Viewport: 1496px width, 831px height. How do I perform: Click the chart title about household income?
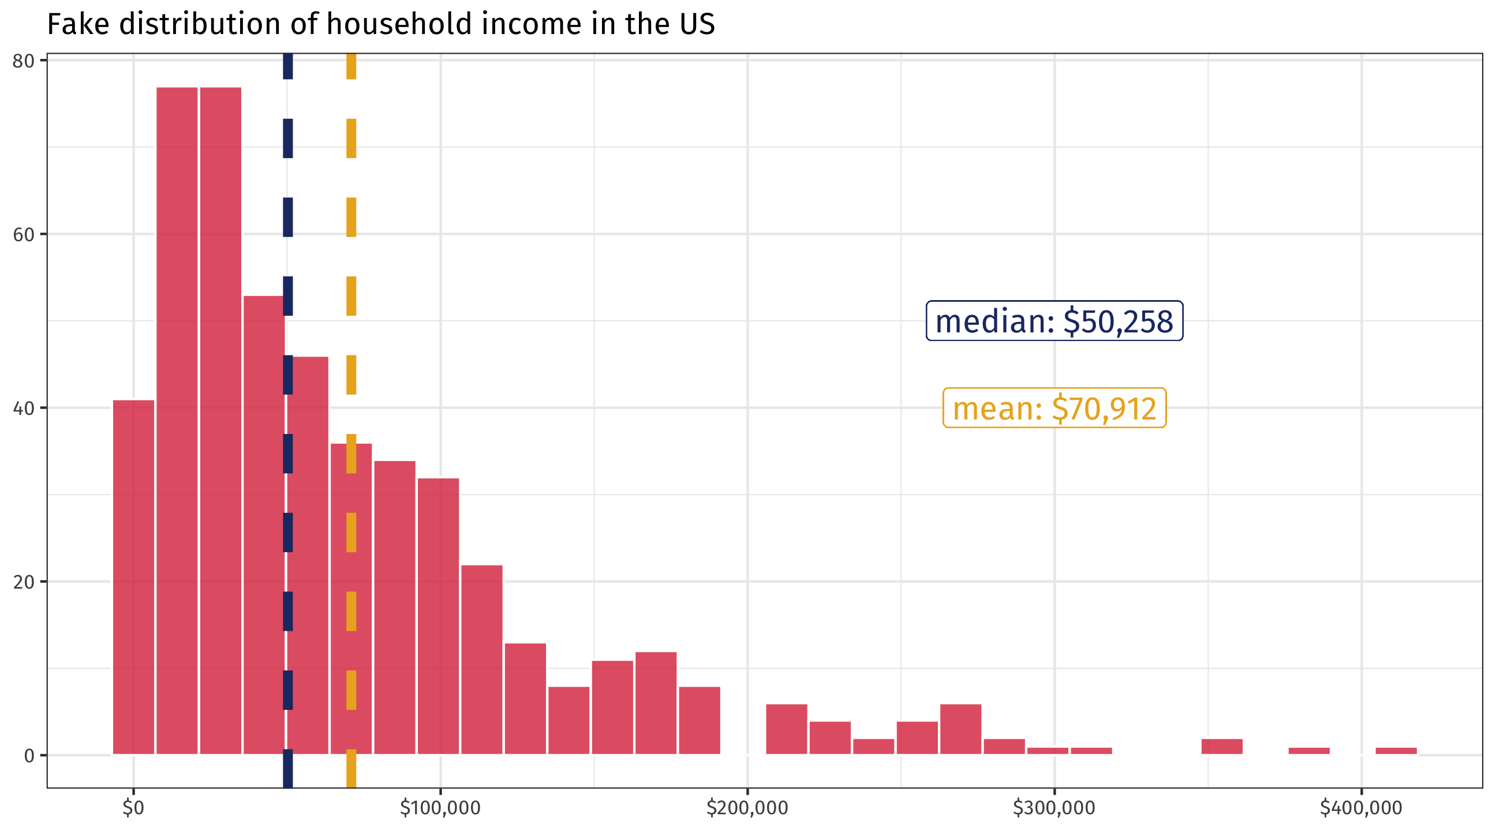coord(380,25)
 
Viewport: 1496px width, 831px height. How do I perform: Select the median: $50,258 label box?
coord(1054,321)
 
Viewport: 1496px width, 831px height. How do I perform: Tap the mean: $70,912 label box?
coord(1054,408)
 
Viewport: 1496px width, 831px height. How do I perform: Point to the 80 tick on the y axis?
coord(23,61)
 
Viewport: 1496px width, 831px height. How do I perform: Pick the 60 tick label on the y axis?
coord(23,235)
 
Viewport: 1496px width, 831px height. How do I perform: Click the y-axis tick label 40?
coord(23,408)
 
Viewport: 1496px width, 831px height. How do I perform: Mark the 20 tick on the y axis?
coord(23,582)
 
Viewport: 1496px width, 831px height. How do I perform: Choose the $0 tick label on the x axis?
coord(133,808)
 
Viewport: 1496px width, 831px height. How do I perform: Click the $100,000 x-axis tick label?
coord(440,808)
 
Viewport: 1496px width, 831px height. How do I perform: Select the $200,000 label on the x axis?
coord(747,808)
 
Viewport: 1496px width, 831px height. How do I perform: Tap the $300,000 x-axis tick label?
coord(1053,808)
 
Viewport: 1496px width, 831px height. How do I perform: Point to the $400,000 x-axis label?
coord(1361,808)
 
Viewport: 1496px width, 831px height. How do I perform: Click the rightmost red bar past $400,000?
coord(1396,751)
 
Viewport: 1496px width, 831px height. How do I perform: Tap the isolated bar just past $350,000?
coord(1222,747)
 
